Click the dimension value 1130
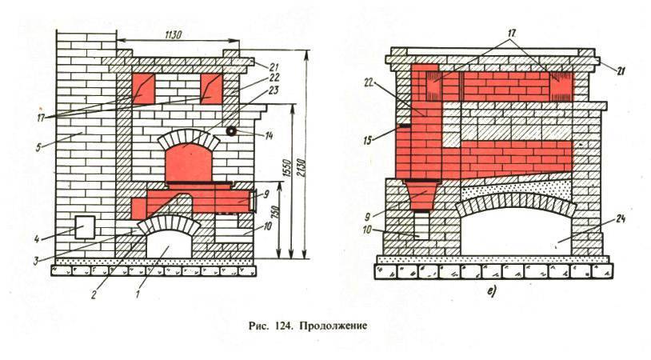click(x=174, y=35)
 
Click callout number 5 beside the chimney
click(x=38, y=147)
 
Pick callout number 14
click(x=269, y=135)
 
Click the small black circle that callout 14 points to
click(x=231, y=130)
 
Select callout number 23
click(x=274, y=90)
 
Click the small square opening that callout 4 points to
click(x=85, y=226)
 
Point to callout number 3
click(x=36, y=261)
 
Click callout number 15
click(x=367, y=141)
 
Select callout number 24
click(x=620, y=219)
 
